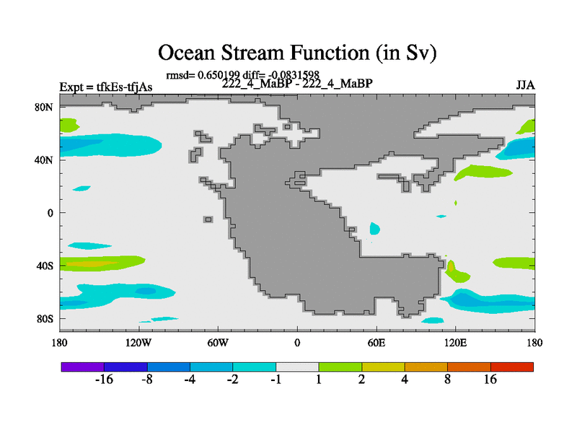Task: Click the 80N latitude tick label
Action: (x=44, y=107)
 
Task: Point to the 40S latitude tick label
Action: (x=45, y=266)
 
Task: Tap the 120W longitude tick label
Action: (x=138, y=343)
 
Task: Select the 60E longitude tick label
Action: (x=376, y=343)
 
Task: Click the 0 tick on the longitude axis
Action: (x=297, y=343)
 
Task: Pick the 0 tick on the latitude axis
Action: (x=50, y=213)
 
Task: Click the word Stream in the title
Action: (x=253, y=52)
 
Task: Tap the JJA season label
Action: (x=525, y=85)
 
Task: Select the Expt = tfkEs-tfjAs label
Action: (x=106, y=87)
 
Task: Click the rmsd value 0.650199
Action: (x=219, y=75)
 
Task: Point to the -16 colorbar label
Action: (x=104, y=380)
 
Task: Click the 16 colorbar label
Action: (x=490, y=380)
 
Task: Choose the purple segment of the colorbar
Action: (x=83, y=367)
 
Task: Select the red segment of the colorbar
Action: (x=512, y=367)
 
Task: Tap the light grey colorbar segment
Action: (x=297, y=367)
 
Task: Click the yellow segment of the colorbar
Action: (x=383, y=367)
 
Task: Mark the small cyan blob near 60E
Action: (x=374, y=229)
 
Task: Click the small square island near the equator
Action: (x=208, y=219)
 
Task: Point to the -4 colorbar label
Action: (x=190, y=380)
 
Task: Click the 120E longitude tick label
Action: (x=456, y=343)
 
